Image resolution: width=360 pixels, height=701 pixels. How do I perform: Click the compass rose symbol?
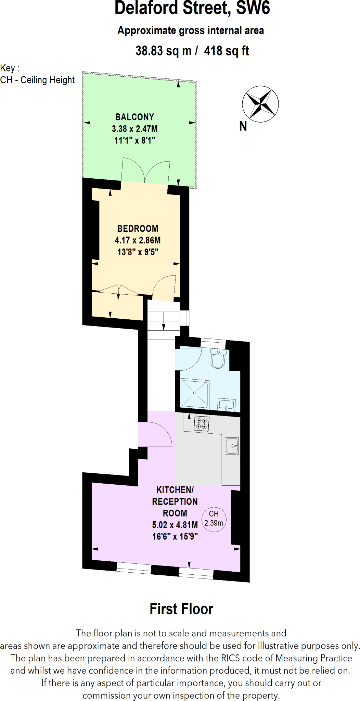pos(260,104)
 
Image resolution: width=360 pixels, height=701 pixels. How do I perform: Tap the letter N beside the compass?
pos(243,126)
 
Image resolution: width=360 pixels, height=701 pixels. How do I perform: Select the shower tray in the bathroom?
pos(195,393)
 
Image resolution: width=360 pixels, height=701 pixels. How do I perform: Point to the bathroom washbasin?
pos(226,405)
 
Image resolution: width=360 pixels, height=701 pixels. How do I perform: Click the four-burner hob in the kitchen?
pos(201,424)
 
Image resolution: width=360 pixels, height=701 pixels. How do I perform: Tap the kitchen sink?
pos(232,446)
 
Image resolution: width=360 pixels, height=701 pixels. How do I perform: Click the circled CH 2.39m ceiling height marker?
pos(214,519)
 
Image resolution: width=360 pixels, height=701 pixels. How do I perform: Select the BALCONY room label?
pos(134,117)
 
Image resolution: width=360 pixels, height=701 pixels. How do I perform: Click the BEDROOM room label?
pos(138,229)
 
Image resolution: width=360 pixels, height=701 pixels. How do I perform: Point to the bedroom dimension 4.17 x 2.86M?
pos(138,240)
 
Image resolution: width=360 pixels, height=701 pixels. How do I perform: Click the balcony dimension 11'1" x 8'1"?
pos(135,140)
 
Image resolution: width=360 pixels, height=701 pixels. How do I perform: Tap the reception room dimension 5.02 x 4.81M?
pos(175,525)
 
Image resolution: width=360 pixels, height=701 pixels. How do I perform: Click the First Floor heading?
pos(181,609)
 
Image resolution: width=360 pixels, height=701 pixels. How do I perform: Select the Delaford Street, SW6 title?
pos(192,8)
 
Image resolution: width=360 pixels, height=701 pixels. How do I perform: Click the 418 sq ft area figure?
pos(227,51)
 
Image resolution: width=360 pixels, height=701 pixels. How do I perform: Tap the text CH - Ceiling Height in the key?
pos(37,80)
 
